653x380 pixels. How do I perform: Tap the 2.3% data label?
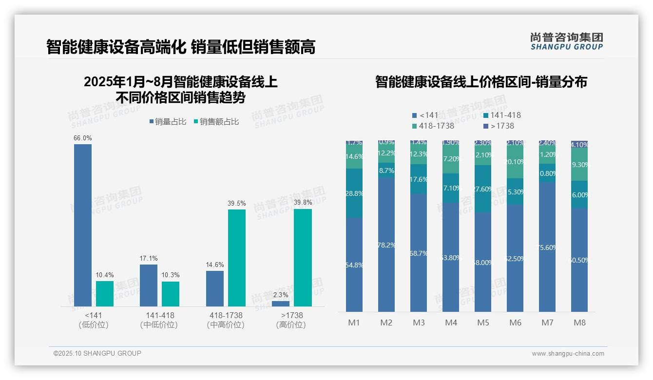coord(281,295)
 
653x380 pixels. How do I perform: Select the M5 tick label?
coord(483,323)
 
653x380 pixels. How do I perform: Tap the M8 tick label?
coord(579,323)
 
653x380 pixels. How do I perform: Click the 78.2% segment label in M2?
coord(386,245)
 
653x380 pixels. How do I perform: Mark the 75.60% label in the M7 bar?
coord(547,247)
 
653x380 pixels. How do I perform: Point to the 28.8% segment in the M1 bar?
coord(354,193)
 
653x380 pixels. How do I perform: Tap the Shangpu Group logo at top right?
coord(566,41)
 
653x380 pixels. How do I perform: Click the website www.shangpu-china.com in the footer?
coord(568,354)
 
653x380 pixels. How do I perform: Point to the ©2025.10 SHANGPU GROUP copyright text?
coord(97,353)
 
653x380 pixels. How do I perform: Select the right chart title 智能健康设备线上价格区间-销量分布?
coord(481,82)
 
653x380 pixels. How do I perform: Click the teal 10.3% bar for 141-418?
coord(171,294)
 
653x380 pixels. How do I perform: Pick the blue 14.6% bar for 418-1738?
coord(215,288)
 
